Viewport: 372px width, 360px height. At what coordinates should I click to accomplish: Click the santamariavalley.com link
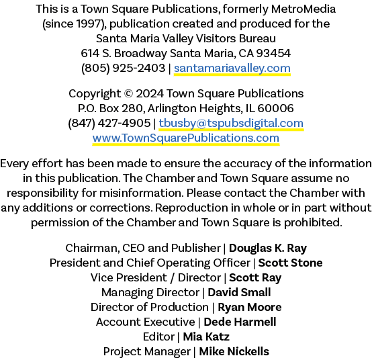(232, 69)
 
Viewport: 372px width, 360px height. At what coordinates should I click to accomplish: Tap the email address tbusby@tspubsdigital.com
(231, 124)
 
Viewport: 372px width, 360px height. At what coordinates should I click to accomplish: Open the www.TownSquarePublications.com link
(186, 138)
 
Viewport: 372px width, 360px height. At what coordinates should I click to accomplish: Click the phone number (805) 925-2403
(123, 69)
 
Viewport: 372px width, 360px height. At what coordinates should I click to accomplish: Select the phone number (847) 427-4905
(109, 124)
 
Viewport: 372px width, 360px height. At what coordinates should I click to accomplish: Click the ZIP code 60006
(275, 108)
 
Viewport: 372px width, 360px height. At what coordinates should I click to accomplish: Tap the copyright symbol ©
(128, 93)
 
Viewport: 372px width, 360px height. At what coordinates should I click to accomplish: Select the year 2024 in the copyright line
(150, 93)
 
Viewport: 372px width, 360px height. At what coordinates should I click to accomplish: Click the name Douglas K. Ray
(268, 249)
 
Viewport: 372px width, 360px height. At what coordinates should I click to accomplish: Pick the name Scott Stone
(290, 263)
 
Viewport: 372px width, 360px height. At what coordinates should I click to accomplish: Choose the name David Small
(239, 292)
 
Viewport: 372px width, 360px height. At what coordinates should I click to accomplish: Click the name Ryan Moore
(250, 308)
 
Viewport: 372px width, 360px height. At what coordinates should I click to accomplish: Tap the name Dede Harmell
(240, 322)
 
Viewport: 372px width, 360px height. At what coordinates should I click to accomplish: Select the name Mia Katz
(206, 336)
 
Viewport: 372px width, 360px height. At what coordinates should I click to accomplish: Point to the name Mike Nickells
(234, 351)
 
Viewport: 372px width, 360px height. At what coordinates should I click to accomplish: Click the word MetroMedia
(304, 9)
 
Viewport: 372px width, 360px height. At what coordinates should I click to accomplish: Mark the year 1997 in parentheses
(89, 24)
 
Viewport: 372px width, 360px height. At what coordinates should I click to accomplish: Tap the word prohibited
(313, 222)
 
